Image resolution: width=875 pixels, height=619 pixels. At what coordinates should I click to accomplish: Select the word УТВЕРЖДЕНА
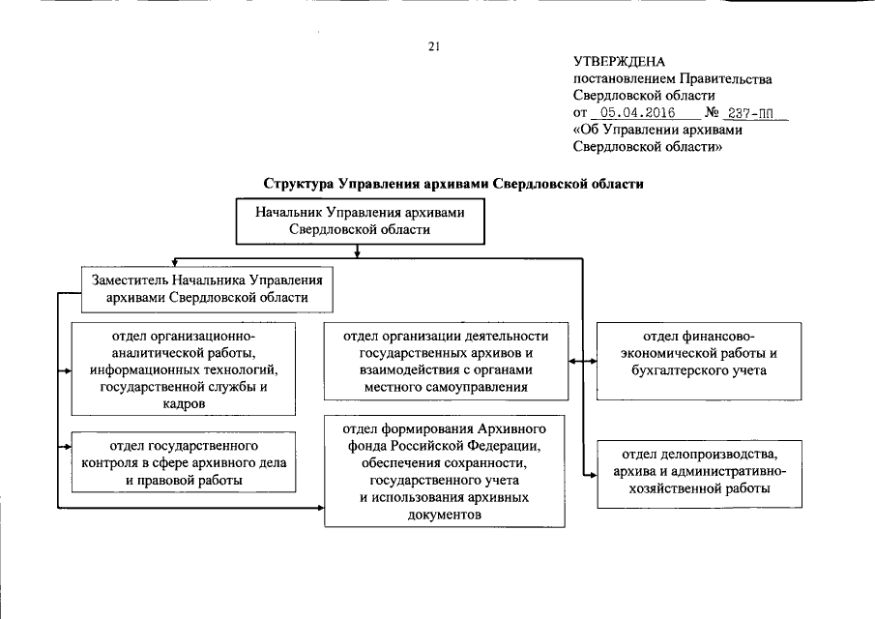[x=620, y=63]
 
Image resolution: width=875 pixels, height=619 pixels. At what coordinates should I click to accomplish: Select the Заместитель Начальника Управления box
[x=202, y=288]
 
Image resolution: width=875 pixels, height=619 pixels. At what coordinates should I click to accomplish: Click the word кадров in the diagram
[x=184, y=403]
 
